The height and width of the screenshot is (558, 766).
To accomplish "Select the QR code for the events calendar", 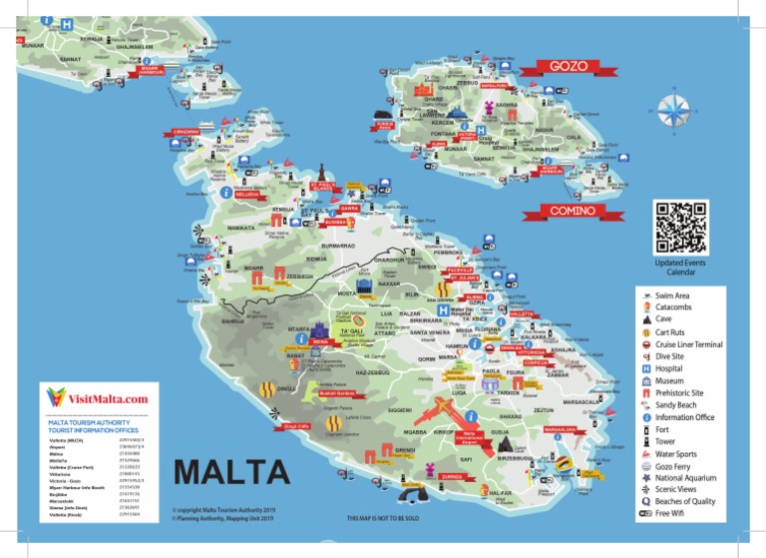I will click(x=680, y=227).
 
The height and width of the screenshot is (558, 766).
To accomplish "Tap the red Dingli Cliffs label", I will click(x=297, y=426).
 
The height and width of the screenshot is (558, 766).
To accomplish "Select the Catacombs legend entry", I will click(x=678, y=307).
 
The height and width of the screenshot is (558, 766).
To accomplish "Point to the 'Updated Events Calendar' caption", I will click(x=680, y=267).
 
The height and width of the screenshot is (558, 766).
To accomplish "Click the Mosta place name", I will click(x=347, y=294).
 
